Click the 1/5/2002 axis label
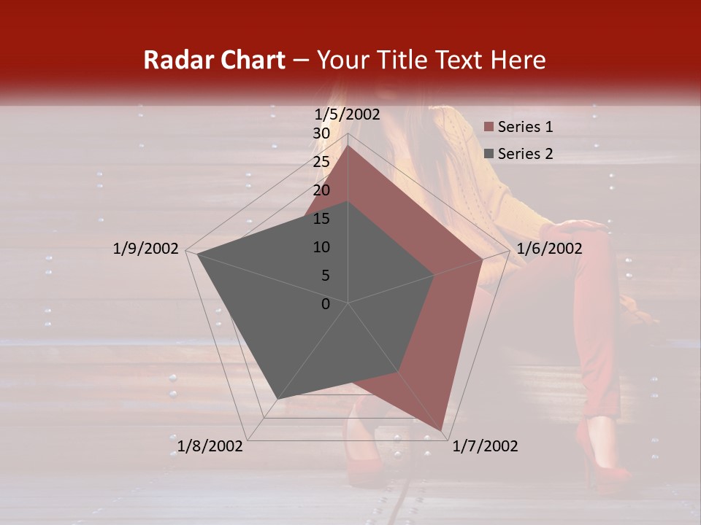pos(348,114)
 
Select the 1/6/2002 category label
pos(549,249)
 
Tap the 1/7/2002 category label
pos(485,446)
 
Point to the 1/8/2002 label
pos(210,446)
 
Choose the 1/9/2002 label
pos(146,249)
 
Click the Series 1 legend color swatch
pos(489,128)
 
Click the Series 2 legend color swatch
pos(489,154)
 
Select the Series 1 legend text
pos(525,128)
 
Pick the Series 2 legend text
pos(525,154)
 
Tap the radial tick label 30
pos(321,133)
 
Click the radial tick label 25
pos(321,162)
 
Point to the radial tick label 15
pos(321,219)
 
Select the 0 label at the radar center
pos(326,304)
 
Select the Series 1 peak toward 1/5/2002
pos(348,146)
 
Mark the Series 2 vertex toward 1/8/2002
pos(277,399)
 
